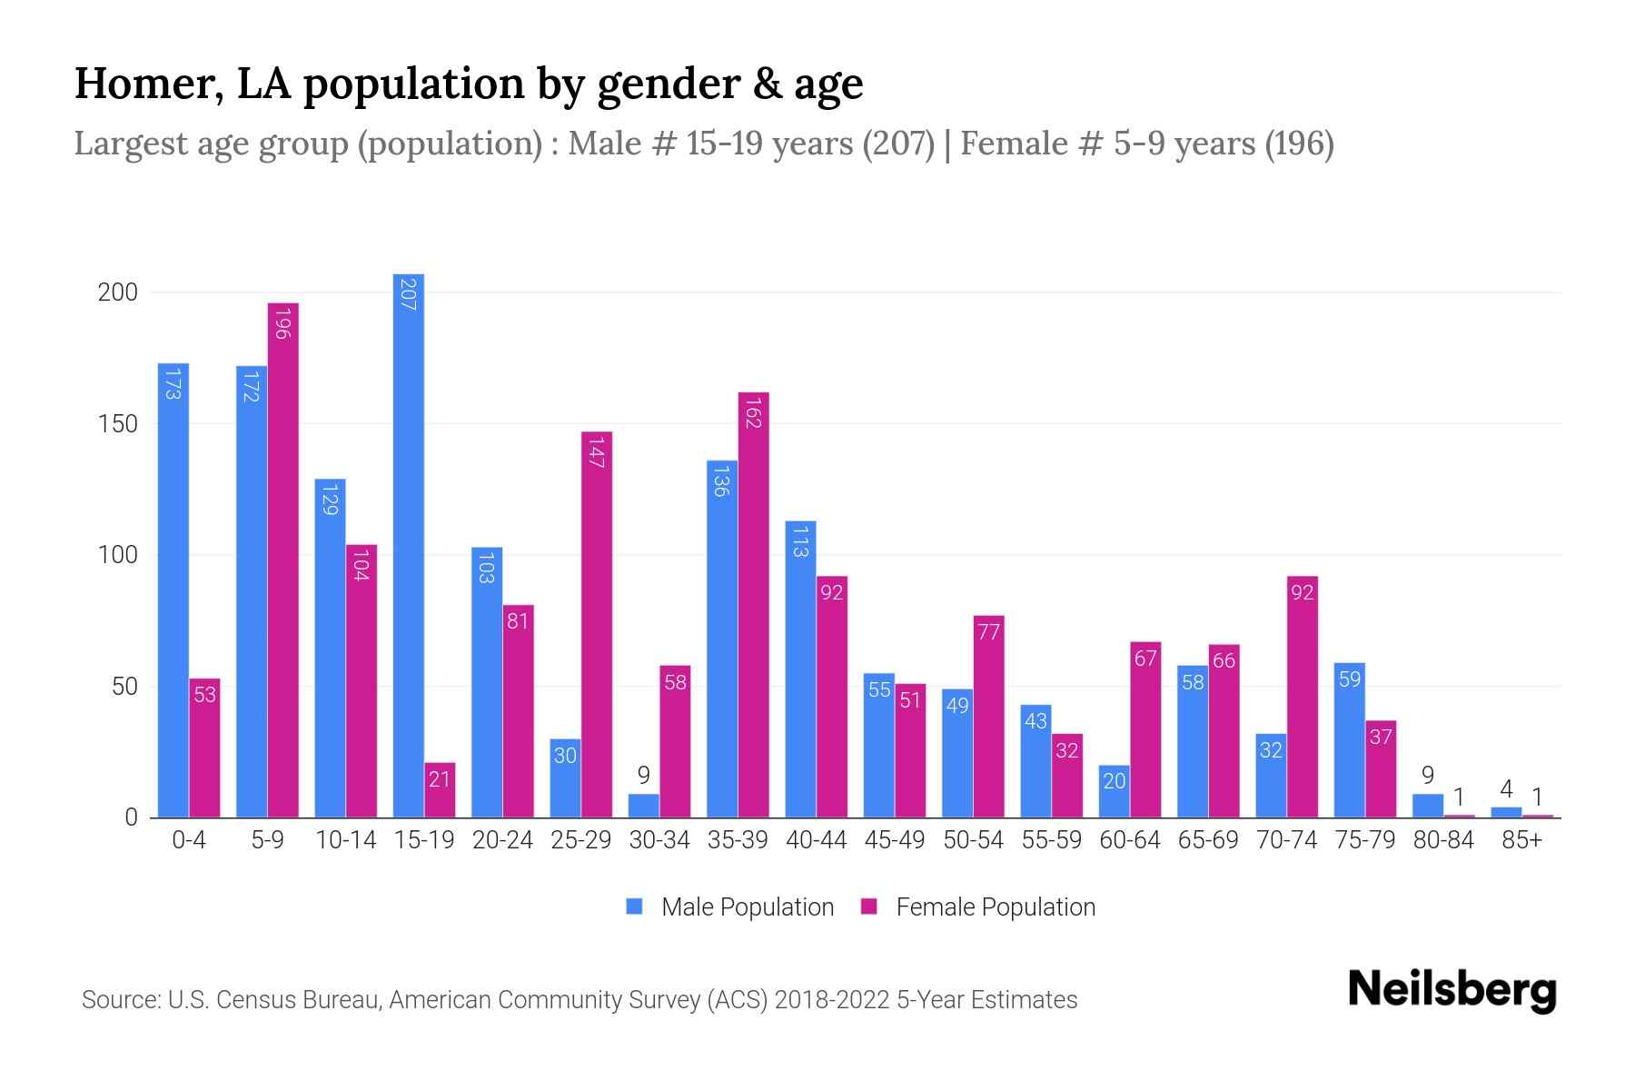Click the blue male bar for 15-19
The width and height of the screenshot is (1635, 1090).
click(x=409, y=545)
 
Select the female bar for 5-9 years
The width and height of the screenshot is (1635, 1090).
click(x=283, y=560)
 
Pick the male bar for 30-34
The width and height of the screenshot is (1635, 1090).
click(x=644, y=806)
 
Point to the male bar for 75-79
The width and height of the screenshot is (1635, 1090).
click(x=1350, y=740)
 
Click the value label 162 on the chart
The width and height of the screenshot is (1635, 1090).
click(x=753, y=412)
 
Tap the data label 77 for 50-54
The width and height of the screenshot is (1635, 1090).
click(x=988, y=631)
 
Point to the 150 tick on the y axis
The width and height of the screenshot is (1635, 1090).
click(x=118, y=424)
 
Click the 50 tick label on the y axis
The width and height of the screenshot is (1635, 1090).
click(x=124, y=687)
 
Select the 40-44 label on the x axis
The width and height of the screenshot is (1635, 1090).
click(x=816, y=840)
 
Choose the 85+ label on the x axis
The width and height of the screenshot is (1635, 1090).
click(x=1521, y=840)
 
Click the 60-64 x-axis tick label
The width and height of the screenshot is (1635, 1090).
click(x=1130, y=840)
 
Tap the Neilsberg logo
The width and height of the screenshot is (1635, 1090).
click(x=1452, y=990)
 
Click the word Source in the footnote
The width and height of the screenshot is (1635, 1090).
click(x=121, y=1000)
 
